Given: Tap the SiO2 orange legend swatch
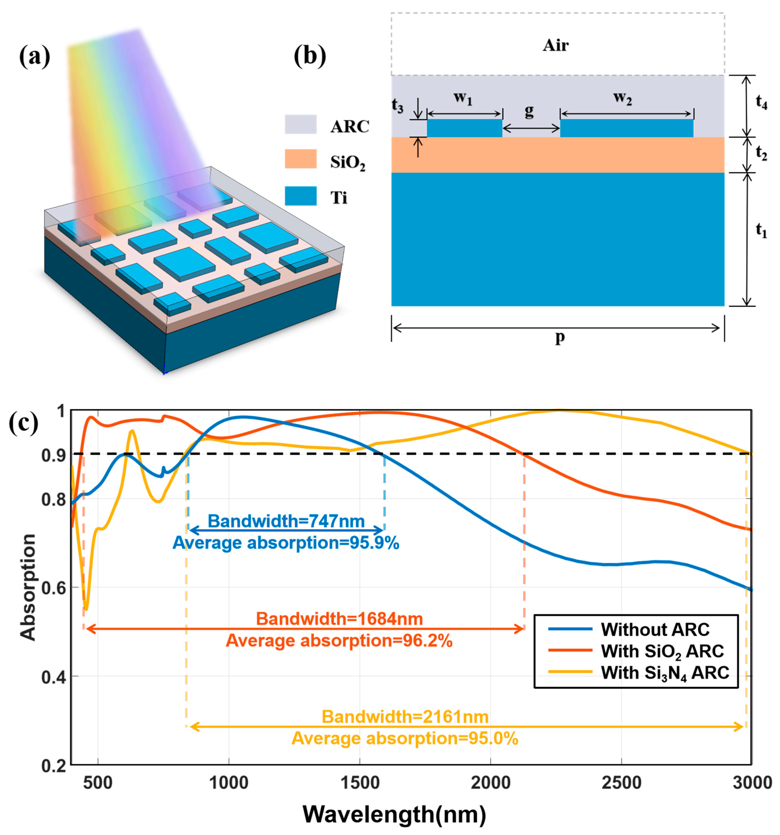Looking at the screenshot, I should point(300,159).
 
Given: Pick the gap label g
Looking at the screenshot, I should point(529,110).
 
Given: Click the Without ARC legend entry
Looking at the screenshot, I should point(654,630).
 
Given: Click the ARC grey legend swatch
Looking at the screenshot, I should point(300,124).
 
